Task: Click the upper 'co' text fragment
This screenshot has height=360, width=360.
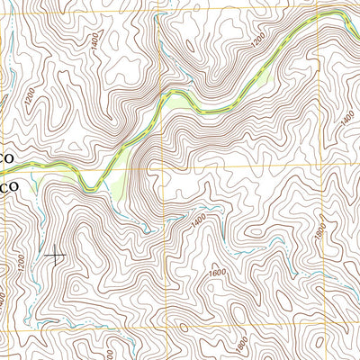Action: point(7,157)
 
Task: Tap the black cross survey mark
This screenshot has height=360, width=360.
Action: point(56,257)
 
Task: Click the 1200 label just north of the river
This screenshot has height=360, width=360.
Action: point(258,41)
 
